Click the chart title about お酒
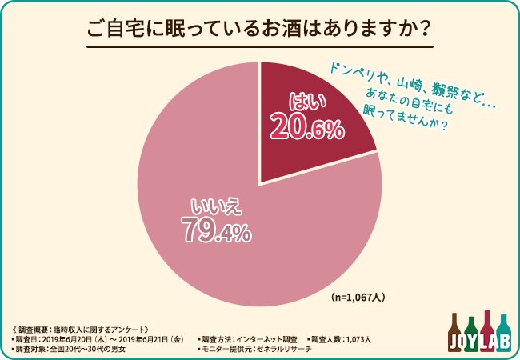pyautogui.click(x=260, y=30)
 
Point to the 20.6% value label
pyautogui.click(x=307, y=126)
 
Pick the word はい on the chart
pyautogui.click(x=304, y=101)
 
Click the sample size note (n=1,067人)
pyautogui.click(x=359, y=297)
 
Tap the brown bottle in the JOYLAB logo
pyautogui.click(x=454, y=332)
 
